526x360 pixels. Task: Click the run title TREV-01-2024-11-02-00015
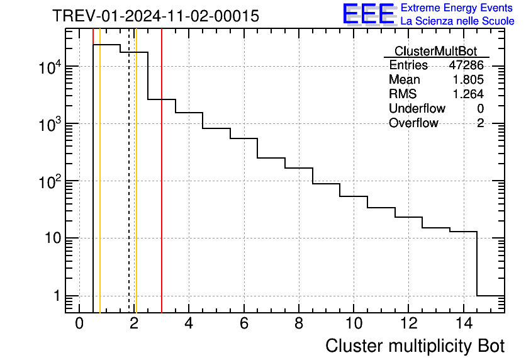pos(155,16)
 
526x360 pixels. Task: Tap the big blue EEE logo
pos(368,14)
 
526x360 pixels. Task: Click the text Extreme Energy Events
pos(457,8)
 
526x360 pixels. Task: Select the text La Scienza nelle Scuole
pos(457,21)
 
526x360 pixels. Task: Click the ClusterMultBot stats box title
pos(435,51)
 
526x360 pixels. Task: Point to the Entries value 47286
pos(466,65)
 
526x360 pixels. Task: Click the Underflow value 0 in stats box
pos(480,109)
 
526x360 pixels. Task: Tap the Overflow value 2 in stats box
pos(480,123)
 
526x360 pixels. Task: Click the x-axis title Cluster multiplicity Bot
pos(415,346)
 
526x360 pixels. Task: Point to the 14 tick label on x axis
pos(463,323)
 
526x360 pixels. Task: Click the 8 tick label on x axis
pos(298,323)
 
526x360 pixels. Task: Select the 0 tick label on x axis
pos(79,323)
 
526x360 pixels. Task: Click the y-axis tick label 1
pos(56,296)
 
